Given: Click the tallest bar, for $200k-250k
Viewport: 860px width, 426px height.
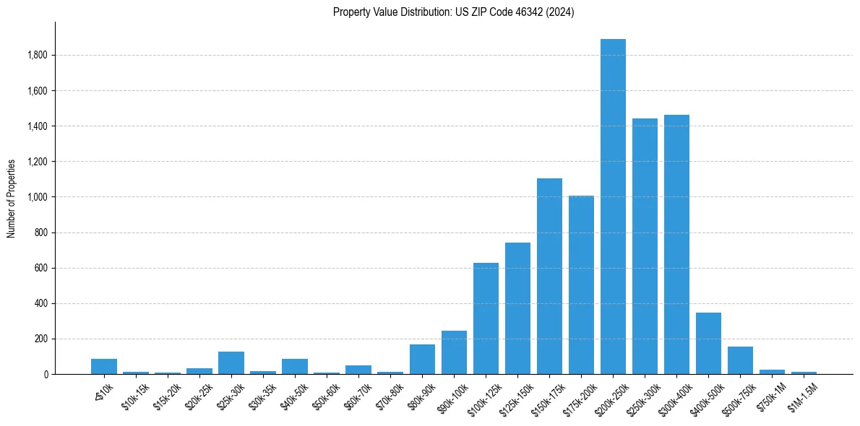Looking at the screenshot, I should pyautogui.click(x=613, y=207).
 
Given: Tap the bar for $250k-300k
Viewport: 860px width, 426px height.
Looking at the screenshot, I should pyautogui.click(x=645, y=246).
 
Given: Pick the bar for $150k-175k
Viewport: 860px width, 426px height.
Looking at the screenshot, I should pyautogui.click(x=549, y=276).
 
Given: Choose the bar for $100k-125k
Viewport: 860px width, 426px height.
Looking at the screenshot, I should pyautogui.click(x=486, y=318).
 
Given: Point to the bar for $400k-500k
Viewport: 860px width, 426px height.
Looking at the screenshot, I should pyautogui.click(x=708, y=344).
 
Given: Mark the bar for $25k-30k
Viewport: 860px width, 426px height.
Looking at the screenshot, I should pyautogui.click(x=231, y=363).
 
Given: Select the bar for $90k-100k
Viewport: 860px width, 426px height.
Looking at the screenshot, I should pyautogui.click(x=454, y=352).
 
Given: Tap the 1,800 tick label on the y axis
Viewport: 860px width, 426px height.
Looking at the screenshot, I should pyautogui.click(x=37, y=56).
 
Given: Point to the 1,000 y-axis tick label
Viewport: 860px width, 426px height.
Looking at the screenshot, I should pyautogui.click(x=37, y=197).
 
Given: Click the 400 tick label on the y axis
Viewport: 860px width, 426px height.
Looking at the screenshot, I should pyautogui.click(x=40, y=303).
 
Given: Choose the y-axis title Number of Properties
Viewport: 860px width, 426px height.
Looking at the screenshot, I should pyautogui.click(x=12, y=198).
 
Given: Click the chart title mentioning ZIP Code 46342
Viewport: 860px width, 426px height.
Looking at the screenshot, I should pyautogui.click(x=453, y=12).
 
